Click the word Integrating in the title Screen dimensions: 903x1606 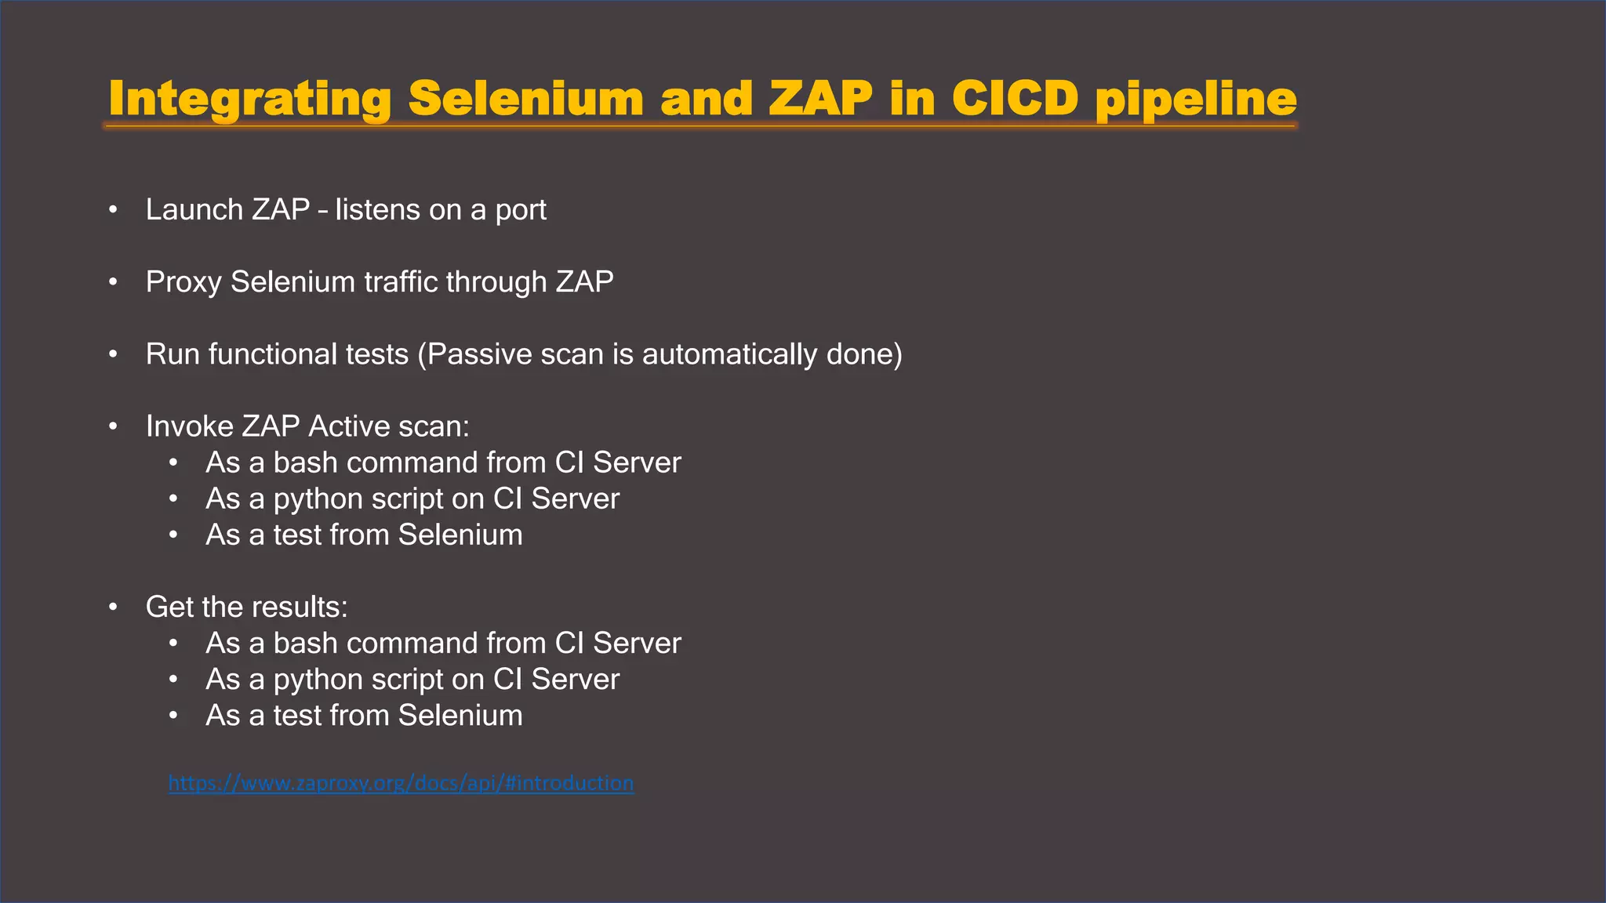249,100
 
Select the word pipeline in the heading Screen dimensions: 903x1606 1195,100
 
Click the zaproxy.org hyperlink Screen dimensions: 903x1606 401,783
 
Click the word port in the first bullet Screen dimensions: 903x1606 520,210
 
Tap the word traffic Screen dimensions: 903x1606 401,282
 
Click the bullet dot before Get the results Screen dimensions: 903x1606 114,607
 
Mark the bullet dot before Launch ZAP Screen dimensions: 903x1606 114,210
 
